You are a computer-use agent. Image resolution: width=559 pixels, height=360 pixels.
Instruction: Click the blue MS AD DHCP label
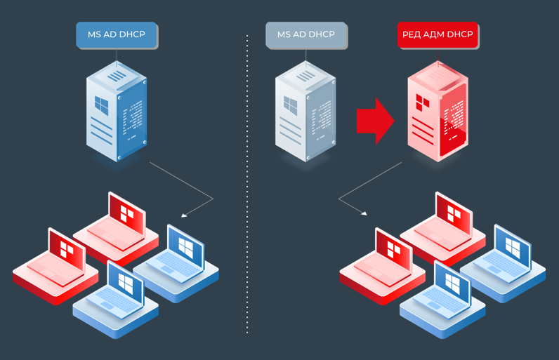pos(117,34)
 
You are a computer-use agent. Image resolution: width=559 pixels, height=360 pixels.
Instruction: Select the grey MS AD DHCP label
pos(305,34)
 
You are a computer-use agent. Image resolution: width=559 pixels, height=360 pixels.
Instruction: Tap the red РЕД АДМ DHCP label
pos(437,34)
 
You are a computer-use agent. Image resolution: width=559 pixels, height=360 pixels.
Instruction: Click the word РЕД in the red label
pos(412,34)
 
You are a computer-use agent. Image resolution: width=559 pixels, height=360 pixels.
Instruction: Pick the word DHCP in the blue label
pos(133,34)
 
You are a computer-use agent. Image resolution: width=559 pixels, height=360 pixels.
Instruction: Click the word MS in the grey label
pos(284,34)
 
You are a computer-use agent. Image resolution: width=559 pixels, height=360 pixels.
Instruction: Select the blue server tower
pos(117,112)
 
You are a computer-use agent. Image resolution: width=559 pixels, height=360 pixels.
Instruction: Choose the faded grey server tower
pos(305,112)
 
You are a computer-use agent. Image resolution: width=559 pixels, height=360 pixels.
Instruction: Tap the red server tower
pos(437,112)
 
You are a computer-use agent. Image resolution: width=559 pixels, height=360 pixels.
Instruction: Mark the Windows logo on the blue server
pos(103,106)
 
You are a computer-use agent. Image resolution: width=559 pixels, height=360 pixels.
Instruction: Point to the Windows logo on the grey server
pos(291,106)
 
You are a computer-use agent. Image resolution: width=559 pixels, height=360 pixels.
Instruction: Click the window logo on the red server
pos(423,102)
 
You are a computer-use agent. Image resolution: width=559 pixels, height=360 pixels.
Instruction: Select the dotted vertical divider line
pos(247,182)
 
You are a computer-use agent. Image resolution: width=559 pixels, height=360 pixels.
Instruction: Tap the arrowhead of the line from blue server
pos(184,215)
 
